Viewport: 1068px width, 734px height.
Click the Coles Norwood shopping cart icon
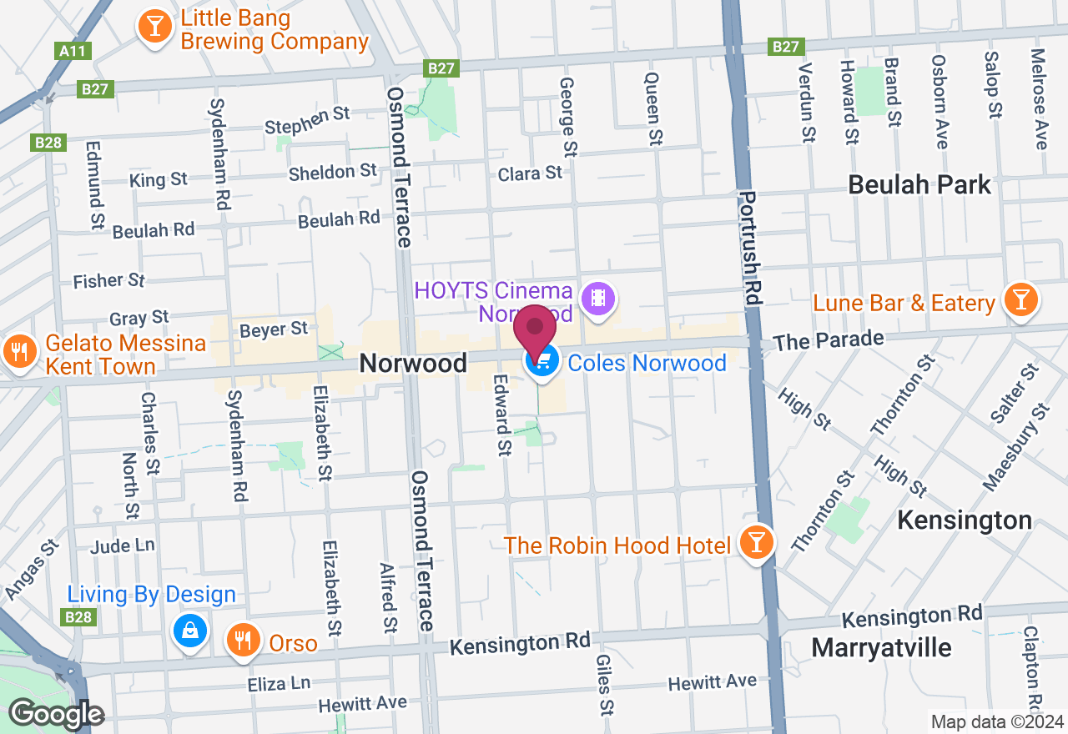point(542,362)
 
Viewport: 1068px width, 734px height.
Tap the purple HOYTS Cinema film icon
point(597,297)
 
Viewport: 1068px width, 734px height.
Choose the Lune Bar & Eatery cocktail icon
point(1020,299)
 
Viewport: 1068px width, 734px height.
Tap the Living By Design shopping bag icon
point(191,631)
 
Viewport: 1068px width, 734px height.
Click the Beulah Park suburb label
point(919,184)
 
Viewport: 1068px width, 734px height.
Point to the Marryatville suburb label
point(881,647)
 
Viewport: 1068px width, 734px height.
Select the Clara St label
point(530,173)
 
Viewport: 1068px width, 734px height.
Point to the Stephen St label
point(306,121)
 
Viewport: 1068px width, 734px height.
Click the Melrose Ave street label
point(1038,98)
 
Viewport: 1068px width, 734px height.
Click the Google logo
point(56,715)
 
